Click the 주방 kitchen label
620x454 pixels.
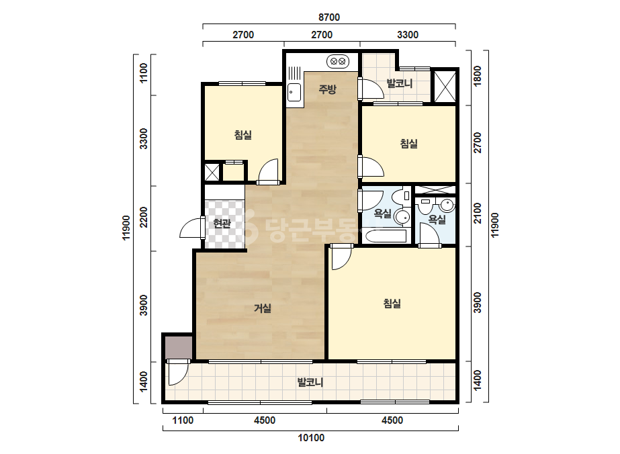click(327, 89)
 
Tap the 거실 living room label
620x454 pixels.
click(262, 308)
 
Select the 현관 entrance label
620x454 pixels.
click(222, 224)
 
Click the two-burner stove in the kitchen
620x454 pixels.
click(338, 61)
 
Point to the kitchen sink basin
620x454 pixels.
click(294, 93)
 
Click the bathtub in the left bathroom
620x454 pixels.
click(386, 236)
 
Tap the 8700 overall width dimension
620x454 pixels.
click(329, 17)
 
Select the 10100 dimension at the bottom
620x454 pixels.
click(311, 438)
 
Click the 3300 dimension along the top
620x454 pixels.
click(408, 35)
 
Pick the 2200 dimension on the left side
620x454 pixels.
click(144, 217)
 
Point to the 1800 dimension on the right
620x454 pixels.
click(478, 76)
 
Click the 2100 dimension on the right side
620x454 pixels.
click(478, 213)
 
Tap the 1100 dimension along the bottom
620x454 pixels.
click(183, 420)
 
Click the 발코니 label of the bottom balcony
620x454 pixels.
click(310, 382)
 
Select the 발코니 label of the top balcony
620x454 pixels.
click(400, 83)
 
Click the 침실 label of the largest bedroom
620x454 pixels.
click(392, 304)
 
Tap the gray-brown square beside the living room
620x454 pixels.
click(178, 347)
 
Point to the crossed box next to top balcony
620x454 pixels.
click(445, 85)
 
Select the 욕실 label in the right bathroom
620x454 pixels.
click(437, 219)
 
